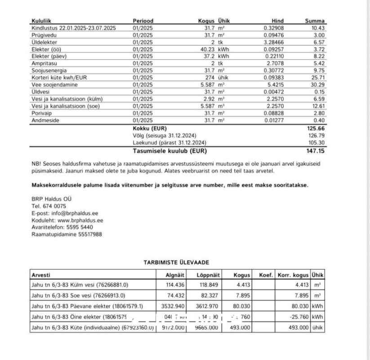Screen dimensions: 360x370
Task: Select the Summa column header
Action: click(315, 21)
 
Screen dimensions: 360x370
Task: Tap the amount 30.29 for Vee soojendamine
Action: click(318, 85)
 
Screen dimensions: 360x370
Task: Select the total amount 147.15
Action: click(316, 151)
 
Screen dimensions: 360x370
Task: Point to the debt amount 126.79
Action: click(317, 135)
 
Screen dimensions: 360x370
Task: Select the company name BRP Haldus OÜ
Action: click(51, 199)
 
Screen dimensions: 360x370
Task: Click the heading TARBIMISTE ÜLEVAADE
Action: click(176, 262)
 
